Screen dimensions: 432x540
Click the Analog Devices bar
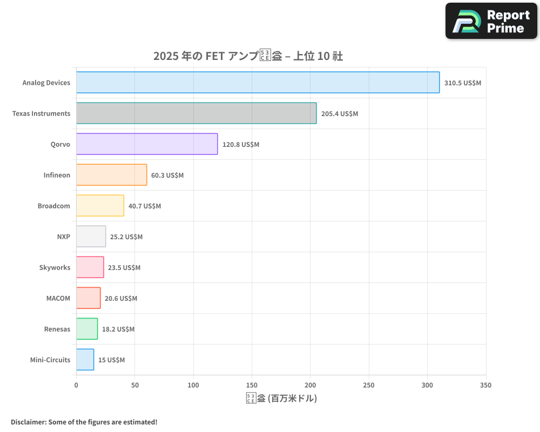pos(258,83)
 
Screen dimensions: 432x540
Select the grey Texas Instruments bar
pos(196,113)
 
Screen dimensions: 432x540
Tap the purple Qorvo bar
pos(147,144)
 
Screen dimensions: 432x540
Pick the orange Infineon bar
pos(111,175)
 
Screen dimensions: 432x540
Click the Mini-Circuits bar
pos(85,360)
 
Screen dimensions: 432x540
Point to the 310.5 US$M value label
pos(462,83)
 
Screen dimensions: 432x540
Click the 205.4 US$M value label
pos(339,114)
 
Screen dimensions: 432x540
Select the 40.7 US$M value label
pos(144,206)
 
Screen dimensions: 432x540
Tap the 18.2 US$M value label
pos(118,329)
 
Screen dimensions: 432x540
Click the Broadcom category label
pos(53,206)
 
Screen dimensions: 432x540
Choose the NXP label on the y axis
pos(63,237)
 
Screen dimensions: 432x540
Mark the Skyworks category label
pos(55,267)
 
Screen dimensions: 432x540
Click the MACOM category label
pos(58,298)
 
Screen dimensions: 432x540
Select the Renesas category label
pos(57,329)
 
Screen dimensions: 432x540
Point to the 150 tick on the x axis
pos(252,385)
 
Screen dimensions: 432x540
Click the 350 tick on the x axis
pos(485,385)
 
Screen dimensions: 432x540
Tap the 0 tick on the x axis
pos(76,385)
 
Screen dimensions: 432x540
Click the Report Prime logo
pos(491,21)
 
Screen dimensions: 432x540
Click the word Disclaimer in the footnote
pos(28,422)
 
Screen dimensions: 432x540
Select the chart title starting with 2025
pos(248,56)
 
